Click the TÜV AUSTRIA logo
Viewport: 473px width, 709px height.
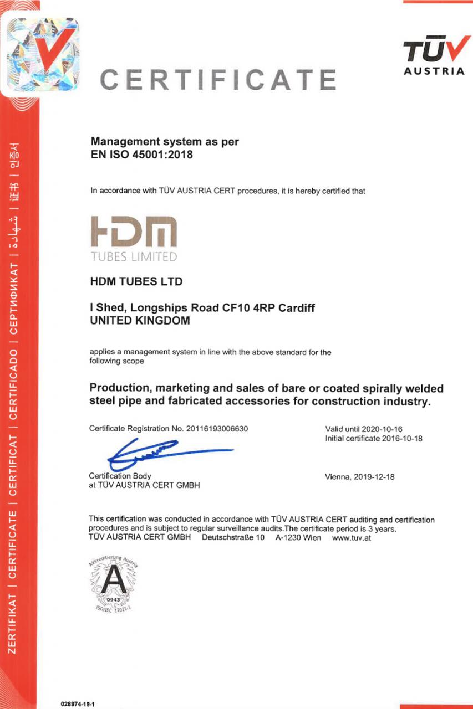pos(434,55)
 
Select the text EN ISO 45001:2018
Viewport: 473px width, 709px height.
pos(141,155)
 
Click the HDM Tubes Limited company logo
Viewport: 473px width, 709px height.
pos(134,239)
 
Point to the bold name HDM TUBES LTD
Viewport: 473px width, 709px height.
pos(136,282)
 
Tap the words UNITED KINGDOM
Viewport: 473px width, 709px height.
pos(139,321)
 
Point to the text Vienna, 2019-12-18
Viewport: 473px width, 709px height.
pos(359,476)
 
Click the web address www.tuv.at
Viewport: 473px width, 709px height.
pos(351,538)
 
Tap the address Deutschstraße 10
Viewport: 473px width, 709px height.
pos(233,538)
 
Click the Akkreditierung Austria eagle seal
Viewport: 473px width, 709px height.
pos(113,585)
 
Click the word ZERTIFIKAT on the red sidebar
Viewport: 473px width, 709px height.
pos(16,629)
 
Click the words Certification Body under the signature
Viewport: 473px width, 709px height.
pos(120,476)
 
